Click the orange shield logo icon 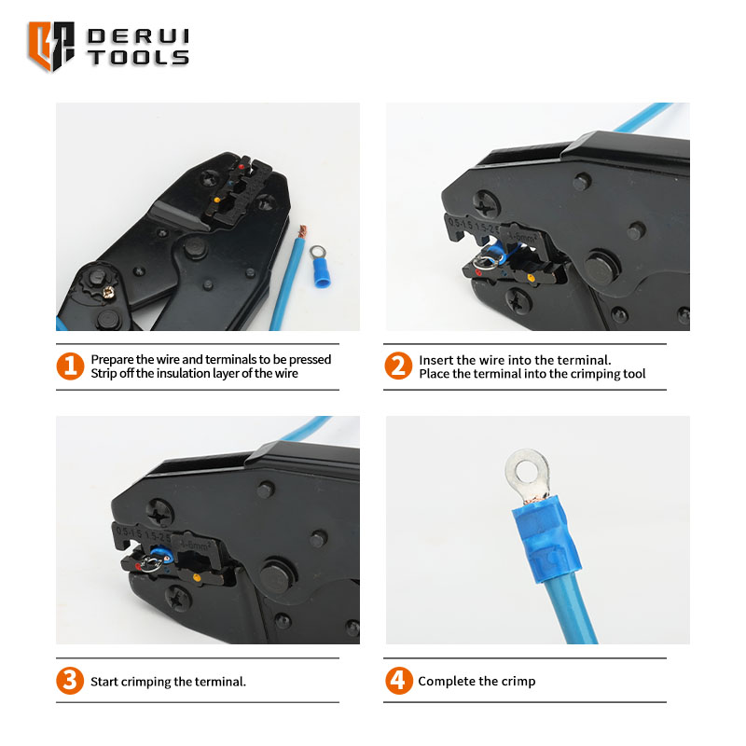click(51, 46)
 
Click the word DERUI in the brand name click(138, 36)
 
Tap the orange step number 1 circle click(70, 366)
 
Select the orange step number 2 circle click(398, 366)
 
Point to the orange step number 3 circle click(70, 681)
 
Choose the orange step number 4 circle click(399, 681)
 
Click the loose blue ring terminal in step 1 click(320, 267)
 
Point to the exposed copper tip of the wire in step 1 click(301, 231)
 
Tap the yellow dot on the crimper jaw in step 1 click(217, 200)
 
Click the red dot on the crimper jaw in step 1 click(242, 167)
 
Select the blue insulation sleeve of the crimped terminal click(547, 539)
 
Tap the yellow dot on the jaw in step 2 click(531, 278)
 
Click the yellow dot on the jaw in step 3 click(196, 578)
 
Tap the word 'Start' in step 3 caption click(104, 682)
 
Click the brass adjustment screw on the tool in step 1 click(108, 292)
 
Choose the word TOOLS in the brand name click(138, 58)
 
